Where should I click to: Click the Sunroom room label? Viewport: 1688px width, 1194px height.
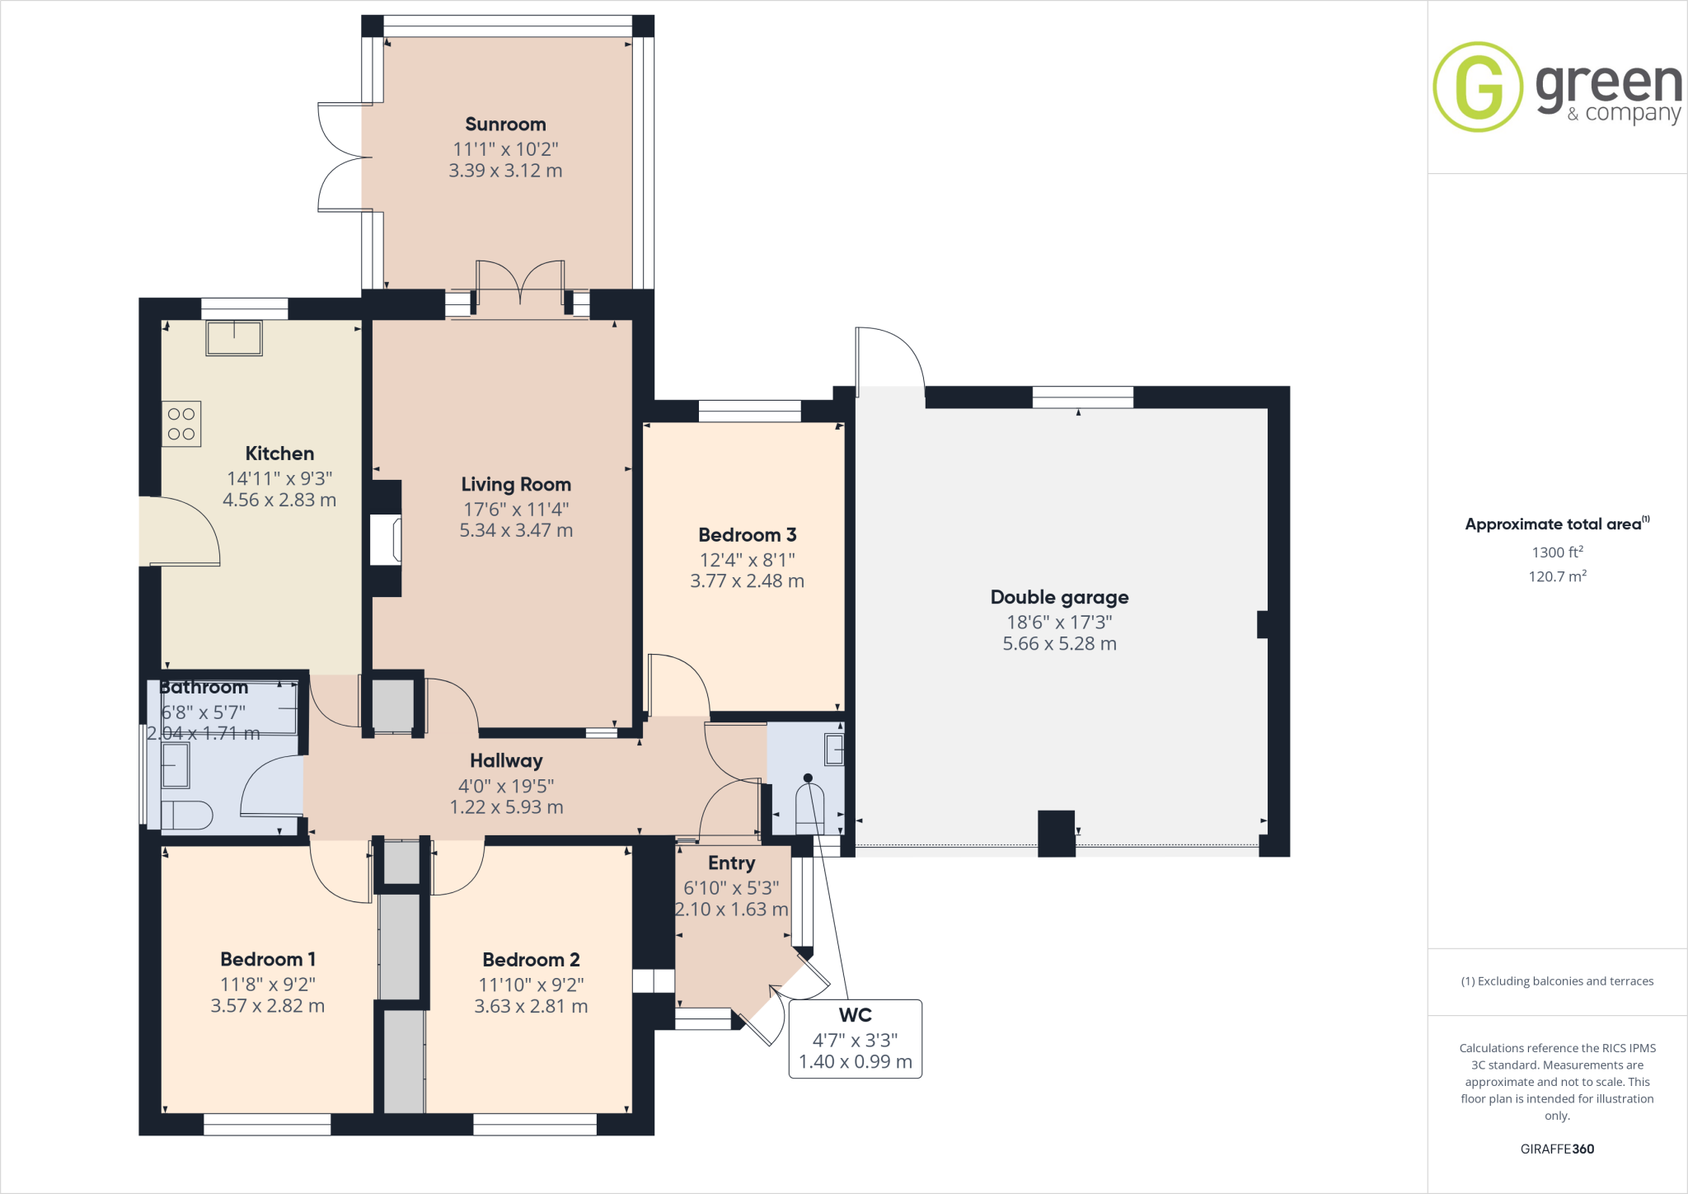pyautogui.click(x=505, y=125)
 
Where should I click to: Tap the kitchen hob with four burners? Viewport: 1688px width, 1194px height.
pyautogui.click(x=181, y=424)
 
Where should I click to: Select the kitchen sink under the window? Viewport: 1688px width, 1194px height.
pyautogui.click(x=234, y=338)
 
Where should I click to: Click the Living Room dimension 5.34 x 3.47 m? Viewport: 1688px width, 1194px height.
pyautogui.click(x=516, y=531)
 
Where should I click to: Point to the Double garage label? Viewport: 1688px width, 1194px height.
pyautogui.click(x=1059, y=597)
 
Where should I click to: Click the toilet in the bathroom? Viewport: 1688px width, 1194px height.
pyautogui.click(x=187, y=815)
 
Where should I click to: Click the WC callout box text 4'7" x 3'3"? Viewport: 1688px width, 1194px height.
pyautogui.click(x=855, y=1040)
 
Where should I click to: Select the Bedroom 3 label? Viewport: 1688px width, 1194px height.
pyautogui.click(x=747, y=535)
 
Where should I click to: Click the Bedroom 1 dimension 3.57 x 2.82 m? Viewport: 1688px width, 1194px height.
pyautogui.click(x=268, y=1006)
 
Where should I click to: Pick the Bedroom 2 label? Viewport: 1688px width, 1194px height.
pyautogui.click(x=531, y=960)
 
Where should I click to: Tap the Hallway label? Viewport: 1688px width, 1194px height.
pyautogui.click(x=506, y=761)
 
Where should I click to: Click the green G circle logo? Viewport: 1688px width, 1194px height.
pyautogui.click(x=1478, y=87)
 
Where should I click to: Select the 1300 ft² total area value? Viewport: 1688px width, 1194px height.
pyautogui.click(x=1557, y=552)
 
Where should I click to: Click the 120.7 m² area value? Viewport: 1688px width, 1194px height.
pyautogui.click(x=1557, y=576)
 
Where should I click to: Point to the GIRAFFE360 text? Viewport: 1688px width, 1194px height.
pyautogui.click(x=1557, y=1149)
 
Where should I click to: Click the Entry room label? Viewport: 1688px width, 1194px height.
pyautogui.click(x=731, y=863)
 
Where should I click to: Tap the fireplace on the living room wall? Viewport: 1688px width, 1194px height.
pyautogui.click(x=386, y=540)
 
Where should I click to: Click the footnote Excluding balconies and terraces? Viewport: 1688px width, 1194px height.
pyautogui.click(x=1557, y=981)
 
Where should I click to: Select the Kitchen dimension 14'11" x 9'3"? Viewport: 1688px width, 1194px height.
pyautogui.click(x=279, y=478)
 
